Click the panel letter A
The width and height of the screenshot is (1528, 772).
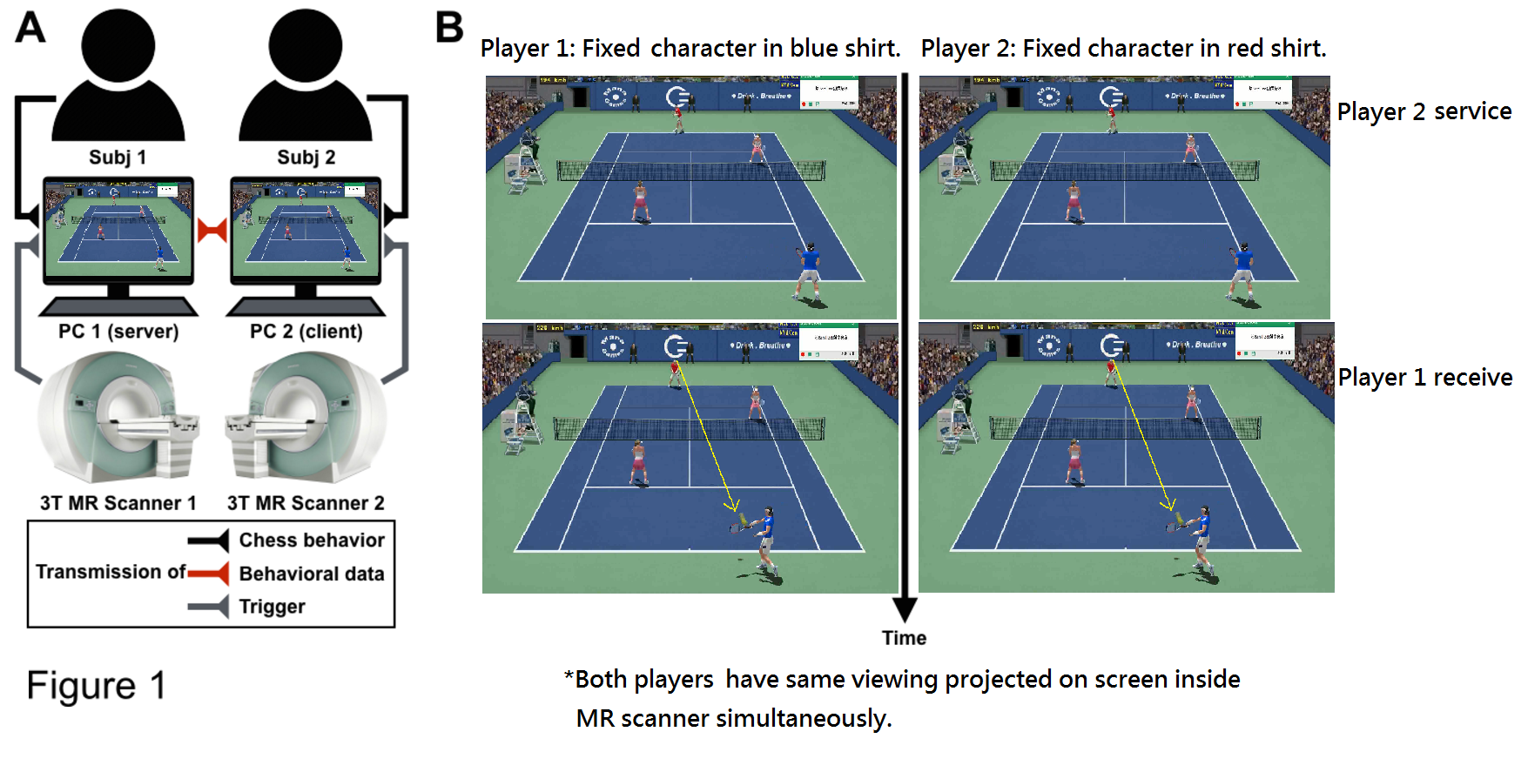pyautogui.click(x=30, y=27)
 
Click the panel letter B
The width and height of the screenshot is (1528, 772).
pyautogui.click(x=449, y=27)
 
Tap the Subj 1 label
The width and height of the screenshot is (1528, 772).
pyautogui.click(x=118, y=158)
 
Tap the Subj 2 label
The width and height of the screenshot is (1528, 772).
pyautogui.click(x=306, y=158)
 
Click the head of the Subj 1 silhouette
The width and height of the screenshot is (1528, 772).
pyautogui.click(x=118, y=45)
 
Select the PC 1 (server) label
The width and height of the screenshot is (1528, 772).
pyautogui.click(x=118, y=332)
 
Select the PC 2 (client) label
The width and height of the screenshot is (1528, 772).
pyautogui.click(x=306, y=332)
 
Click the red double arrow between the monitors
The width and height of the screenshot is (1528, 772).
pyautogui.click(x=212, y=231)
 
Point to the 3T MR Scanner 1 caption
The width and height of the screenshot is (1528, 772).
pyautogui.click(x=118, y=503)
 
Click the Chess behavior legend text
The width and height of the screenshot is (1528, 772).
pyautogui.click(x=312, y=540)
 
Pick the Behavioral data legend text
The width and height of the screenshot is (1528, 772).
pyautogui.click(x=312, y=574)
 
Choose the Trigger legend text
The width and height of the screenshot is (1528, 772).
pyautogui.click(x=272, y=607)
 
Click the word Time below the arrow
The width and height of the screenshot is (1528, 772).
pyautogui.click(x=904, y=638)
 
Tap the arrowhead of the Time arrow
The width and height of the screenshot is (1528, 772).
pyautogui.click(x=905, y=608)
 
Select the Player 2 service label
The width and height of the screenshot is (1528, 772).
pyautogui.click(x=1424, y=111)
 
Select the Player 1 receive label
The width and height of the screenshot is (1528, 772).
pyautogui.click(x=1424, y=378)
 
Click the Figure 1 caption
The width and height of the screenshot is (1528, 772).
pyautogui.click(x=96, y=686)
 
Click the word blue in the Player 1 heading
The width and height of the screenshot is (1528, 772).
pyautogui.click(x=815, y=48)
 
